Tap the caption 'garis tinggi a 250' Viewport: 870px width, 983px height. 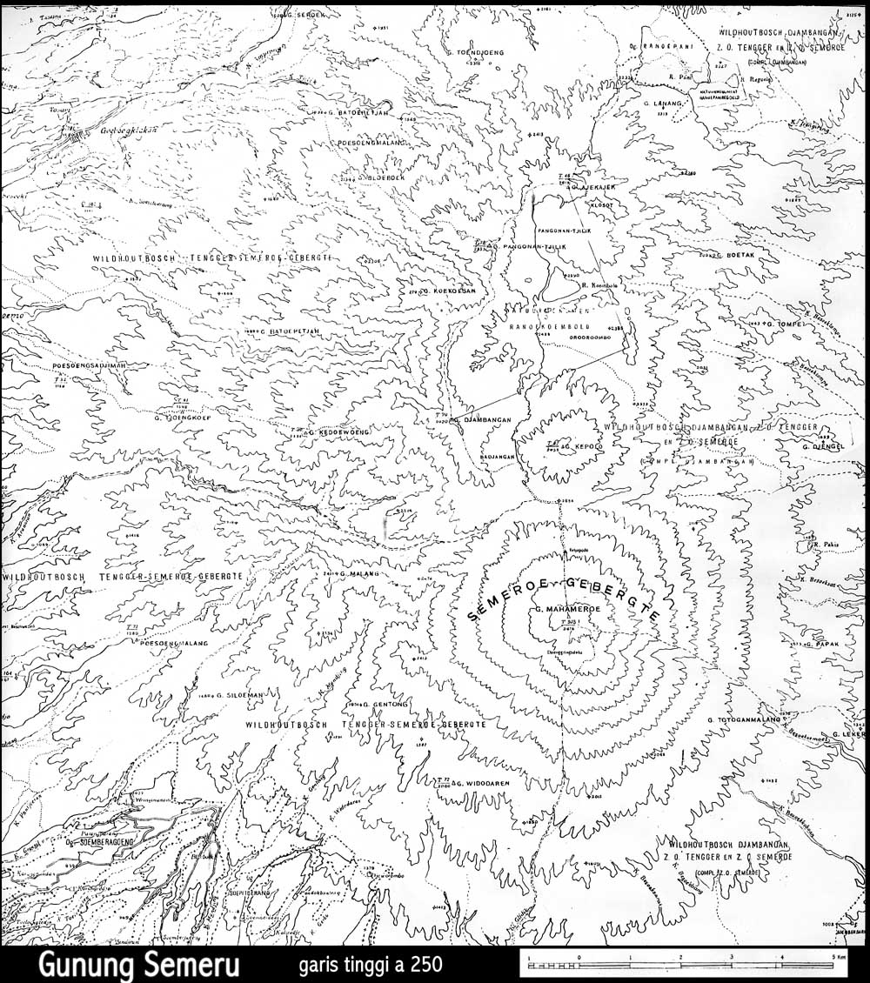coord(371,965)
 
